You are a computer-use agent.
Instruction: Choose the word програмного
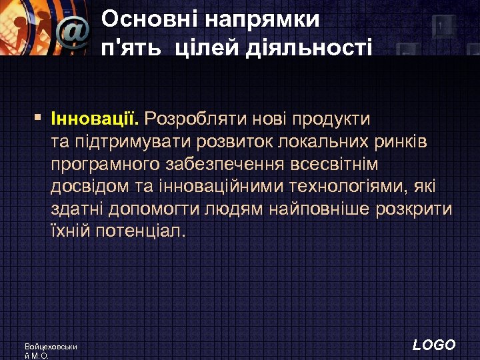101,165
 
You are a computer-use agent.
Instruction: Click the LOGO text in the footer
434,345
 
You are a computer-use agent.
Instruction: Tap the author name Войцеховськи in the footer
51,347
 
